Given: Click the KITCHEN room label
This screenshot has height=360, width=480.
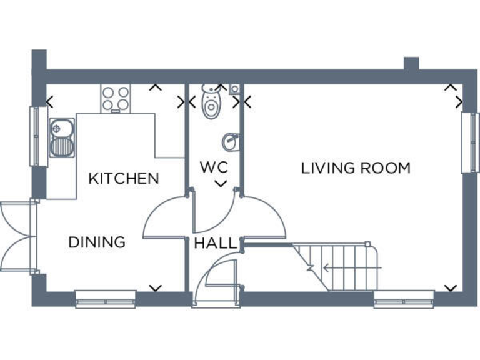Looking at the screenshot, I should pyautogui.click(x=124, y=178).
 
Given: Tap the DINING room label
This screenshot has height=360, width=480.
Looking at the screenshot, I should pyautogui.click(x=97, y=242).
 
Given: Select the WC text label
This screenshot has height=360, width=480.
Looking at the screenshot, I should pyautogui.click(x=213, y=167).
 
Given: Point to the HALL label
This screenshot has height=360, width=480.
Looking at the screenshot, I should pyautogui.click(x=216, y=243).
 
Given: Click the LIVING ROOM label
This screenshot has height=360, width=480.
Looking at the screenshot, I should pyautogui.click(x=356, y=168).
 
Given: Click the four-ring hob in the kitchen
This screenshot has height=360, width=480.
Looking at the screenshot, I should pyautogui.click(x=116, y=98).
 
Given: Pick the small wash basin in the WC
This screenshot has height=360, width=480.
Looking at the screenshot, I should pyautogui.click(x=231, y=142).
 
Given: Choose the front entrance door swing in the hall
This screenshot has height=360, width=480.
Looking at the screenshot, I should pyautogui.click(x=216, y=281).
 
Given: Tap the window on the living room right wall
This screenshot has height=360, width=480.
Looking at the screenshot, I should pyautogui.click(x=466, y=142).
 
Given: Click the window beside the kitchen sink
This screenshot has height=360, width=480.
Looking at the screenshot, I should pyautogui.click(x=35, y=136).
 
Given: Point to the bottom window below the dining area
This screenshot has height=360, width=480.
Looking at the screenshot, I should pyautogui.click(x=106, y=300).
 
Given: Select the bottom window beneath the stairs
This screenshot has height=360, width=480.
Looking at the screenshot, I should pyautogui.click(x=404, y=300).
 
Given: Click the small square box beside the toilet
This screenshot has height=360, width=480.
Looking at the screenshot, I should pyautogui.click(x=234, y=89).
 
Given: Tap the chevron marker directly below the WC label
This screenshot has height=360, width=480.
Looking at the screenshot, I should pyautogui.click(x=220, y=183).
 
